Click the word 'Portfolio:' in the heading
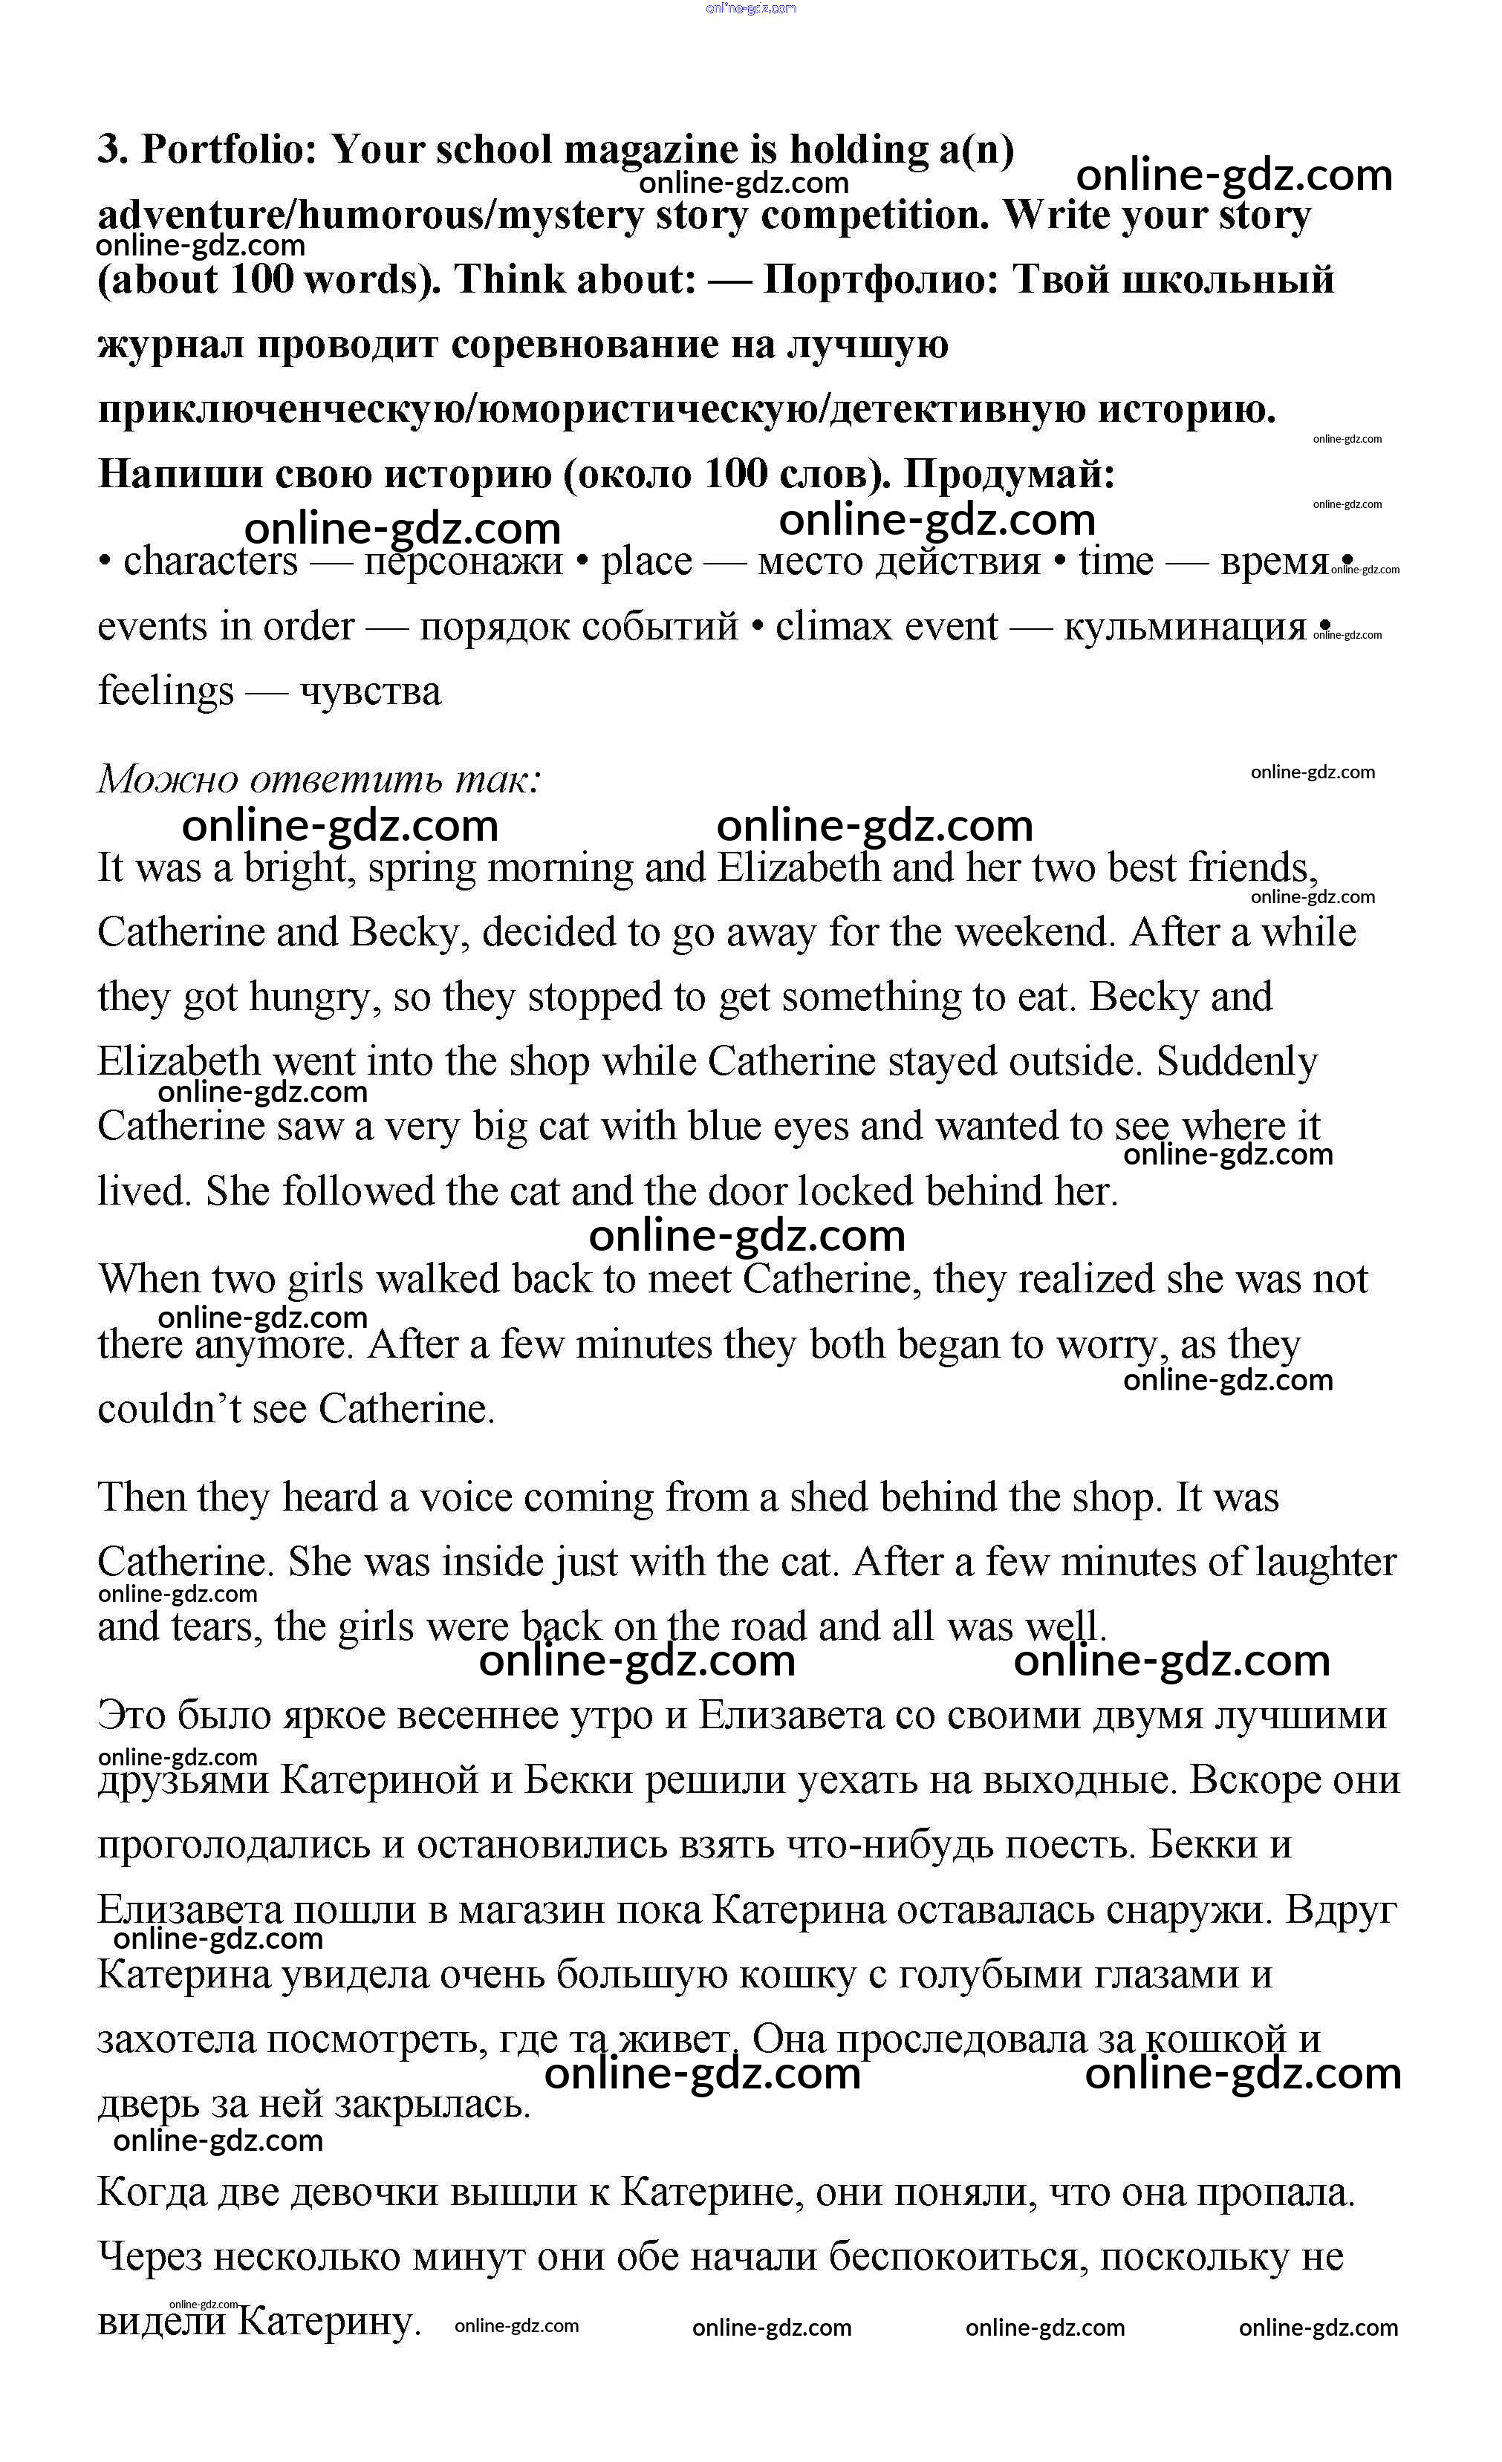tap(229, 150)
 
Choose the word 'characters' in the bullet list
tap(210, 561)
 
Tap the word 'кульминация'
tap(1184, 627)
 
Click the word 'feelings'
tap(165, 691)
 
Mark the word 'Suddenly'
tap(1237, 1061)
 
